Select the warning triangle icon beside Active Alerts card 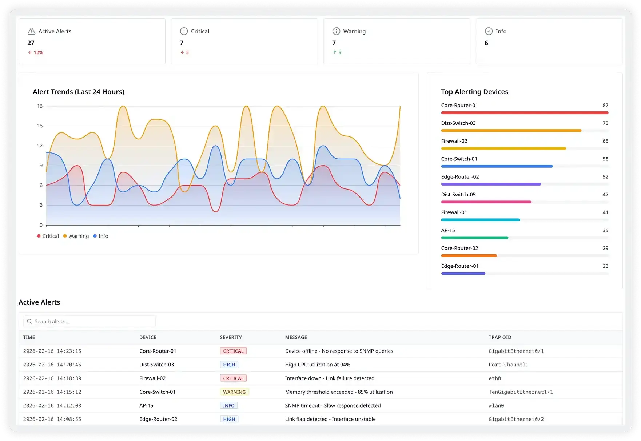[32, 31]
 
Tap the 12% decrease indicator [36, 52]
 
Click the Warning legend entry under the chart [76, 236]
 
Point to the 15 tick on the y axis [40, 126]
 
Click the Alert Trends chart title [79, 92]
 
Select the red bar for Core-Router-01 [525, 113]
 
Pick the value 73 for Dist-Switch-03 [605, 123]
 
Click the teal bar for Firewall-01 [480, 220]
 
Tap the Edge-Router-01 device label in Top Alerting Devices [460, 266]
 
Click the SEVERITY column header [231, 337]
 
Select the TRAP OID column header [500, 337]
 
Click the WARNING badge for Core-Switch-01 [234, 392]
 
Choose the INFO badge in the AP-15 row [229, 405]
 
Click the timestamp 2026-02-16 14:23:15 [52, 351]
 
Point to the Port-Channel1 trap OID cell [508, 365]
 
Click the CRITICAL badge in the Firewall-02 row [233, 378]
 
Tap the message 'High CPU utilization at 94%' [317, 365]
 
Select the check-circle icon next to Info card [489, 31]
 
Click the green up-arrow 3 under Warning [337, 52]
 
